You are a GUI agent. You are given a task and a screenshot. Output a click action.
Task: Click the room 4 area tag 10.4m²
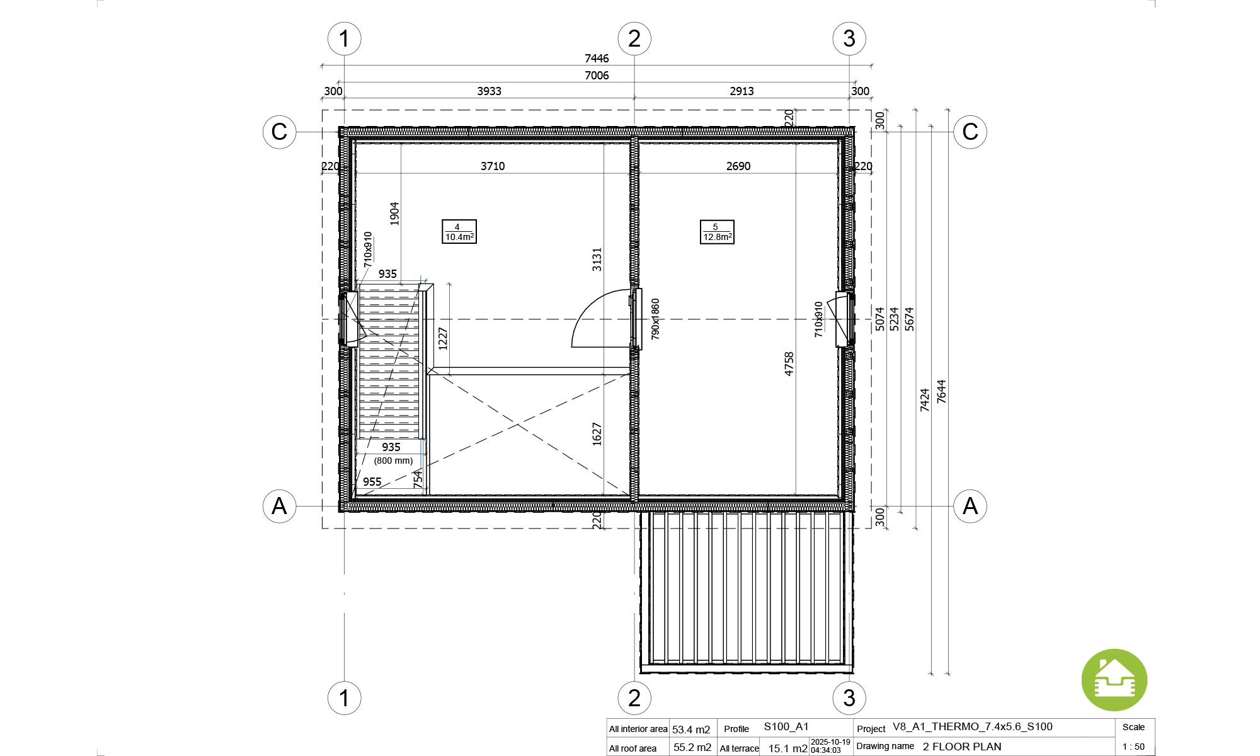click(459, 232)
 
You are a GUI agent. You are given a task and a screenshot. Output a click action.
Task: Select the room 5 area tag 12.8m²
click(717, 232)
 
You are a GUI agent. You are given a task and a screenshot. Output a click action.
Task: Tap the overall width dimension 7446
click(597, 59)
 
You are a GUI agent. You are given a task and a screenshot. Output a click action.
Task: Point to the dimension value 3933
click(489, 91)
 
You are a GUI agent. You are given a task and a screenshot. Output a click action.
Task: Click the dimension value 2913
click(742, 91)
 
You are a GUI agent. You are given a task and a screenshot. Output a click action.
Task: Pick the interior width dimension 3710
click(493, 166)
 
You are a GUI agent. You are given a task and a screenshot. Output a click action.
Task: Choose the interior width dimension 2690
click(738, 166)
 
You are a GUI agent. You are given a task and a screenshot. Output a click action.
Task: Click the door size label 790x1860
click(655, 319)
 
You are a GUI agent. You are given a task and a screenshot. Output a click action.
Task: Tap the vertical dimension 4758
click(789, 364)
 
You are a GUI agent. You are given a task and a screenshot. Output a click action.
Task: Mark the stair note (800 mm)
click(393, 461)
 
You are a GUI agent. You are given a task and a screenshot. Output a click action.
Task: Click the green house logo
click(1114, 680)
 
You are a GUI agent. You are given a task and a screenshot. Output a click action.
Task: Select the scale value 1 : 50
click(1133, 747)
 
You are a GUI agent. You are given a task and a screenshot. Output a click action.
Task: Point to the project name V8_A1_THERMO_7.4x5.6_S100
click(973, 727)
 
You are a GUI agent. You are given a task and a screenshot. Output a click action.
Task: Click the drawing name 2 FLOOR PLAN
click(962, 747)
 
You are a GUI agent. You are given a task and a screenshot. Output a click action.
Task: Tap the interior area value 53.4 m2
click(691, 730)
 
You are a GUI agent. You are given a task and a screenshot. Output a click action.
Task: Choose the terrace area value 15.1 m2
click(787, 748)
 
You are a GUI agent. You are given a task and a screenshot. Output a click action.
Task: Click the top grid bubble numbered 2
click(634, 38)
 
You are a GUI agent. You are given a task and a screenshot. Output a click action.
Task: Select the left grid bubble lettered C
click(279, 132)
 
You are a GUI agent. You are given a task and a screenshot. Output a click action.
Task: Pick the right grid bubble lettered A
click(970, 506)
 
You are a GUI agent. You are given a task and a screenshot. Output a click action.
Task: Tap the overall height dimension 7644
click(941, 391)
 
